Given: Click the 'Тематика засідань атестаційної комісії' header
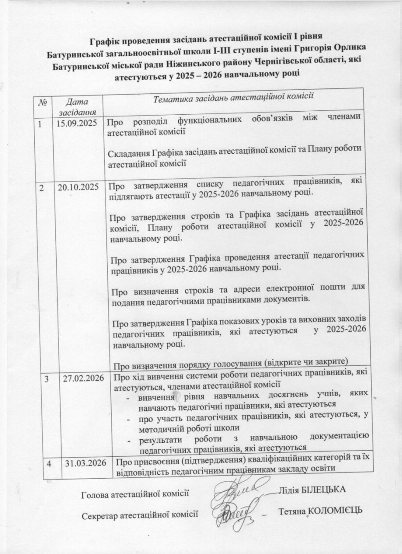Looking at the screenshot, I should (234, 96).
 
